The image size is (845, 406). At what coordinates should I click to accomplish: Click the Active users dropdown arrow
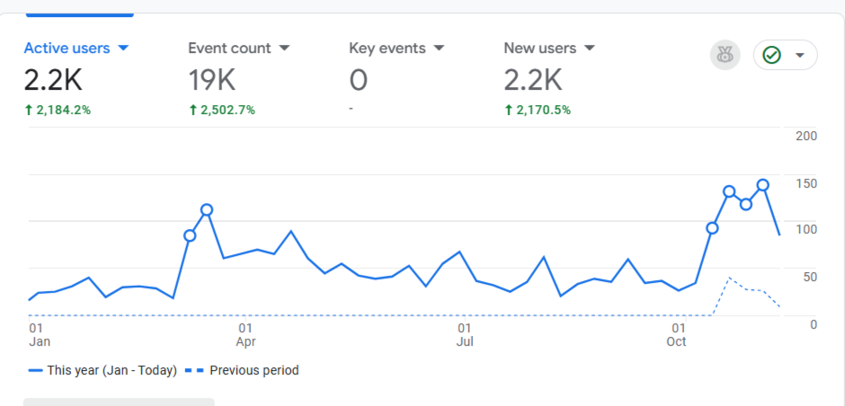coord(124,48)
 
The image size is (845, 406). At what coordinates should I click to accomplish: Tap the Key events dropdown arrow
coord(440,48)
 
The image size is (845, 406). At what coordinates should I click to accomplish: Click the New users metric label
coord(539,48)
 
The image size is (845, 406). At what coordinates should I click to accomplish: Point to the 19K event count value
coord(212,81)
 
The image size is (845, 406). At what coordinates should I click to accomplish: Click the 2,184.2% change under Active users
coord(58,110)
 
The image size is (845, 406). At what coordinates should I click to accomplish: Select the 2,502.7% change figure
coord(221,110)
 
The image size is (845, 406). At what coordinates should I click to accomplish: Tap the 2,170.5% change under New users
coord(537,110)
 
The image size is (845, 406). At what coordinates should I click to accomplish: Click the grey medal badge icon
coord(725,56)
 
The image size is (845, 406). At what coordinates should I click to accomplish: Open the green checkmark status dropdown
coord(785,56)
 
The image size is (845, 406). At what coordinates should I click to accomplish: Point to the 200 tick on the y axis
coord(806,136)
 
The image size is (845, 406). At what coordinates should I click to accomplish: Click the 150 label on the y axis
coord(806,183)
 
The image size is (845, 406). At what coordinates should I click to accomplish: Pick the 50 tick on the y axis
coord(810,276)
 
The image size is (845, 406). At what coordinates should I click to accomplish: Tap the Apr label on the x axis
coord(245,341)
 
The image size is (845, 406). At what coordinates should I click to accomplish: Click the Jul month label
coord(465,341)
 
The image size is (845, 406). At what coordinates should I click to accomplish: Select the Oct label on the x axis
coord(676,341)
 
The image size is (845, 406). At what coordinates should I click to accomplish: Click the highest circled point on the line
coord(762,185)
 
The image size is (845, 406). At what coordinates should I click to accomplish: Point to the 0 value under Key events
coord(358,81)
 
